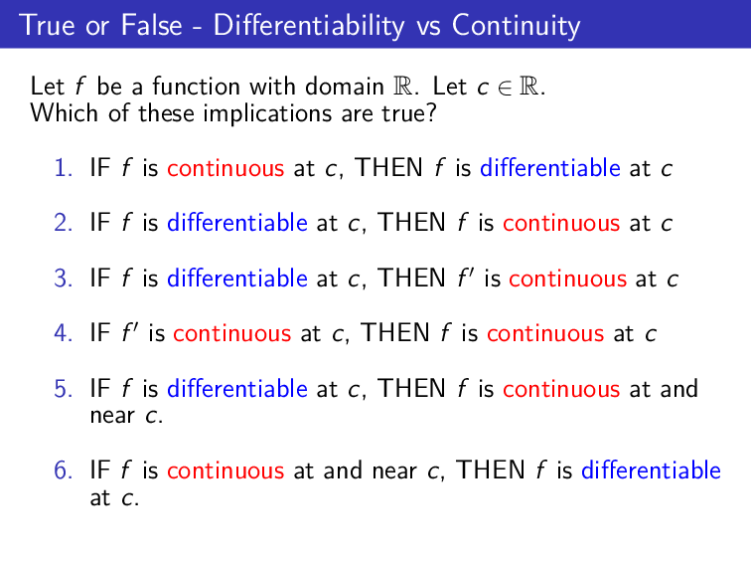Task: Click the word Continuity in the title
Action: [x=516, y=24]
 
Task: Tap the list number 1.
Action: [x=65, y=168]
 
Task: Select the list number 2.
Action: [x=65, y=223]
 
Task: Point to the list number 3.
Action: [x=65, y=279]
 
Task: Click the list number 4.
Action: [x=65, y=333]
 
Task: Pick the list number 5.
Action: [x=65, y=388]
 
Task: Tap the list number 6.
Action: [x=65, y=470]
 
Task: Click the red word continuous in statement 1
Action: [x=225, y=168]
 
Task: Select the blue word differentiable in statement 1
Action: [x=549, y=168]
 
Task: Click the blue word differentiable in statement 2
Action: [x=237, y=223]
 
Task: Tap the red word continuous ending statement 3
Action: [x=567, y=279]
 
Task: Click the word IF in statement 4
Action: [x=100, y=333]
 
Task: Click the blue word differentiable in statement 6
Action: [x=651, y=470]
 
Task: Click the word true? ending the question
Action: [x=410, y=113]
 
